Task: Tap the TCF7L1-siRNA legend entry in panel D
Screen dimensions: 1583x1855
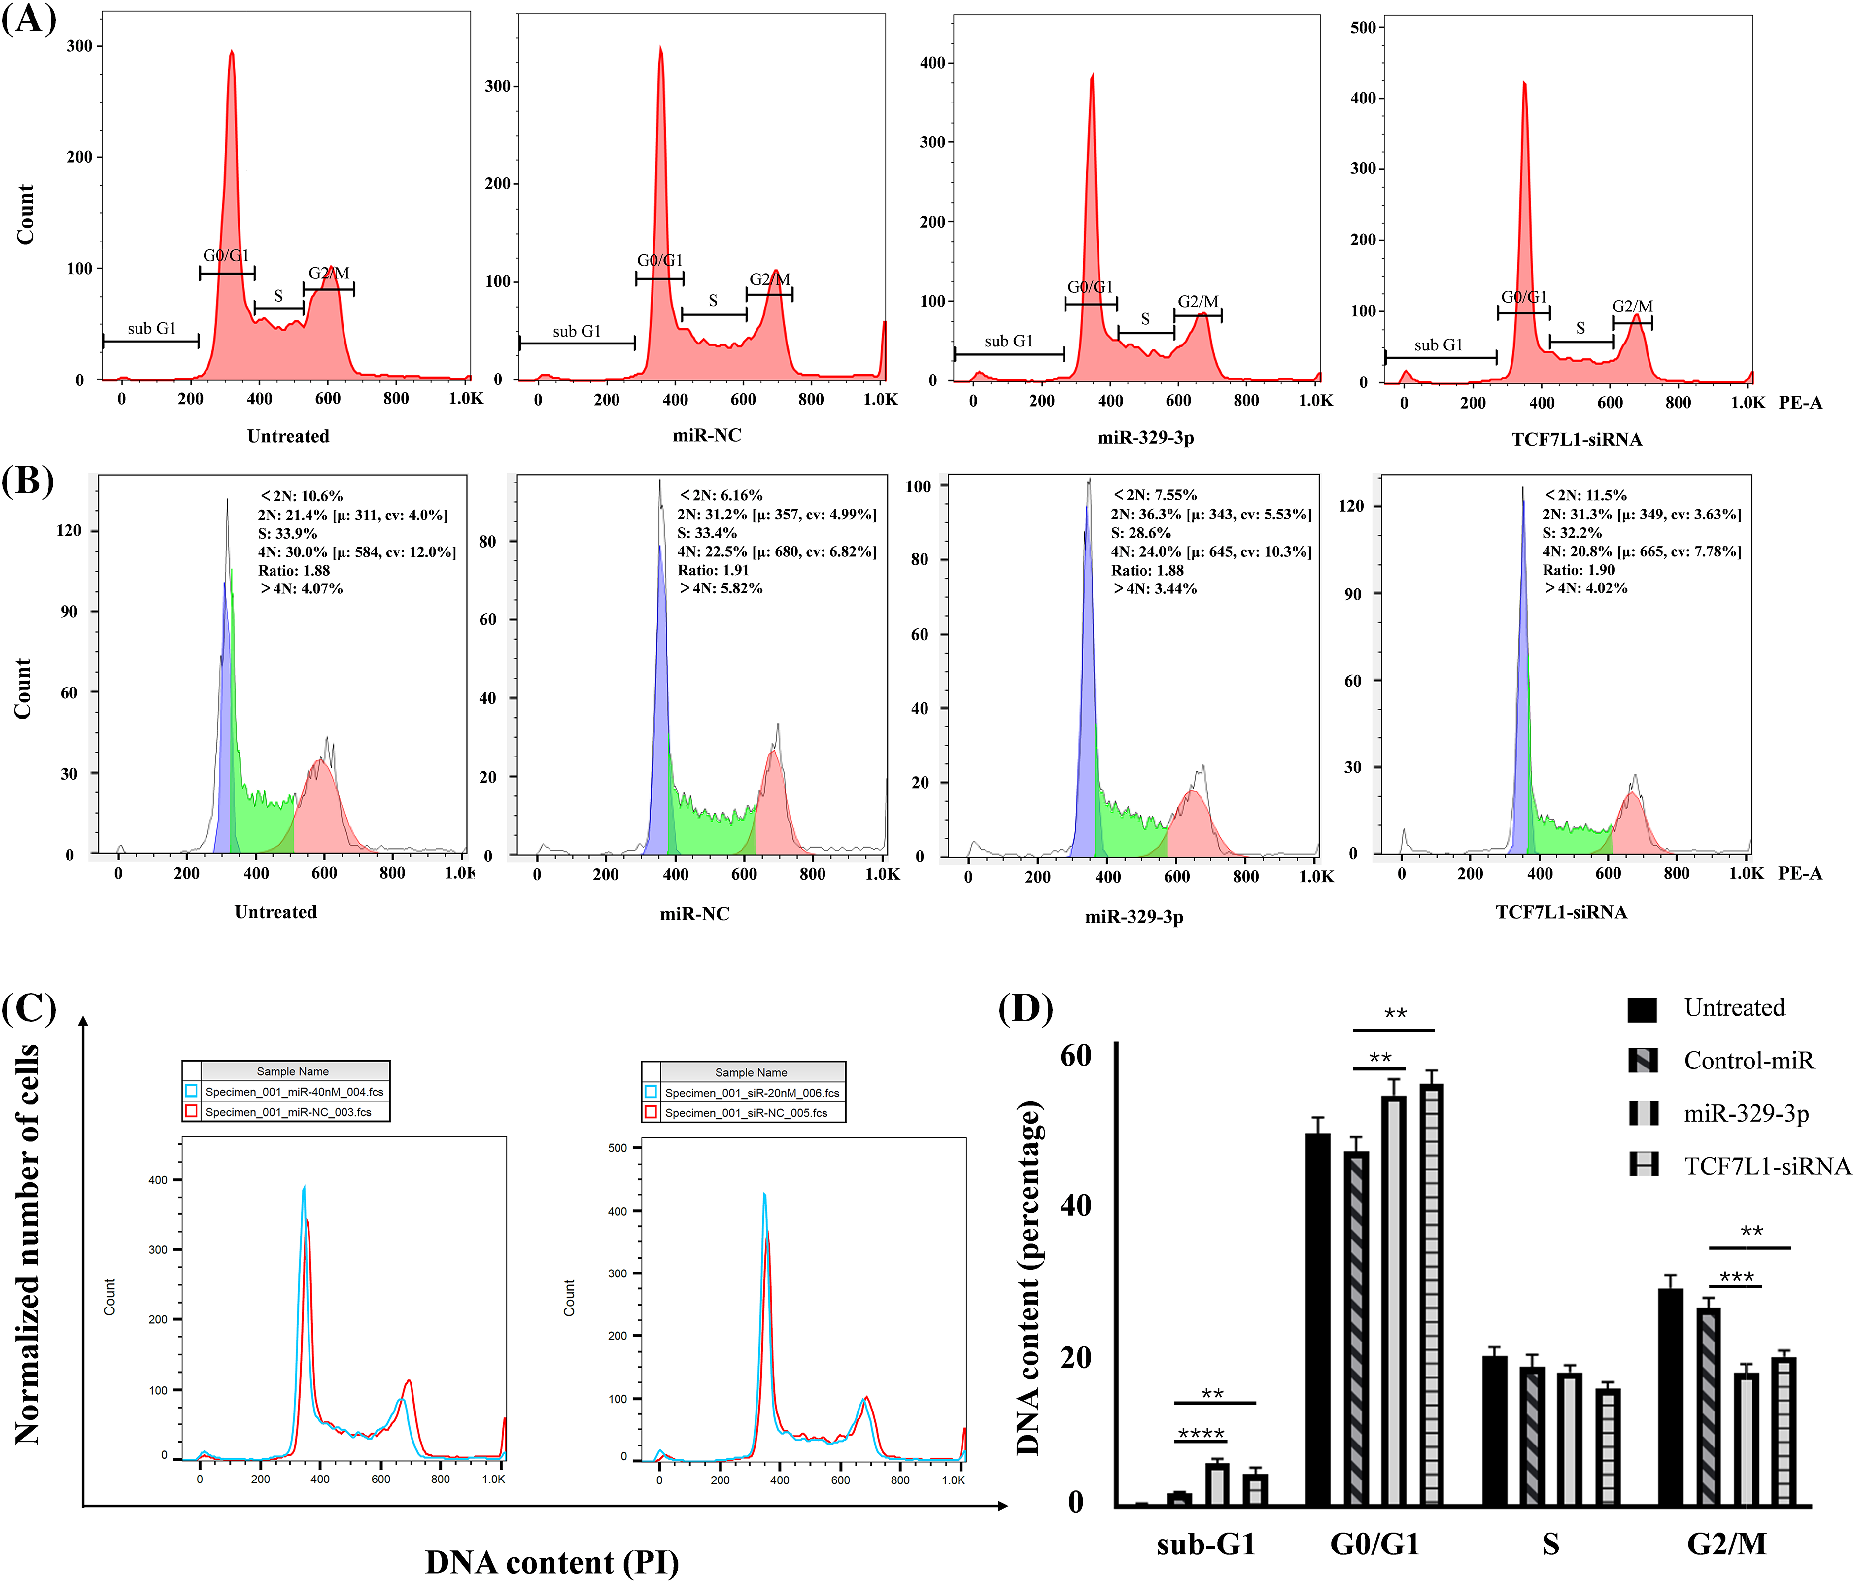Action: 1766,1166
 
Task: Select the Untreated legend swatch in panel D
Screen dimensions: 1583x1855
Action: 1642,1009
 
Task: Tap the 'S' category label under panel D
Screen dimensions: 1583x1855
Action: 1550,1544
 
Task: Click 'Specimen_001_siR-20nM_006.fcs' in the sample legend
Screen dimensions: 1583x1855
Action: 752,1092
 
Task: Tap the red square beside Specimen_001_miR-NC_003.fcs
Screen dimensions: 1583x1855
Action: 191,1111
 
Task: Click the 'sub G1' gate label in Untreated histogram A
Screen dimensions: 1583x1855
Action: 151,329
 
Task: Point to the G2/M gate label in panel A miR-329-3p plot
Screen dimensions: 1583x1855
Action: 1198,302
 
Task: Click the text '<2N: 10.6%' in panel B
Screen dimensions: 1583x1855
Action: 302,496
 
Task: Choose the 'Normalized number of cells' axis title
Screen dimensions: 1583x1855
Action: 29,1244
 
